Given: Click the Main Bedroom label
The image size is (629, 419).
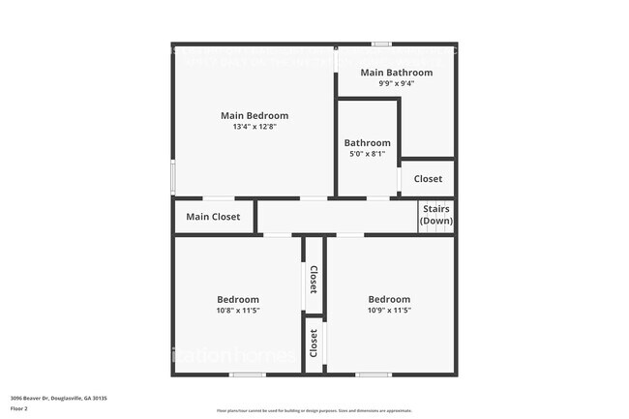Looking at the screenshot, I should (x=255, y=115).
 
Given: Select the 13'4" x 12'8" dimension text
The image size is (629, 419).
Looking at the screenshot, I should (x=255, y=127).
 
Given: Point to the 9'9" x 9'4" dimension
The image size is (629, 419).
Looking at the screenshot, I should (x=397, y=83).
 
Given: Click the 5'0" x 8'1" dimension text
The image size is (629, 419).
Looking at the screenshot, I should (x=367, y=153).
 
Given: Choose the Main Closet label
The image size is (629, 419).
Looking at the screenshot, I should (x=213, y=217).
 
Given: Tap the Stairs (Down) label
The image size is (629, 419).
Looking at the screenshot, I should (x=435, y=215).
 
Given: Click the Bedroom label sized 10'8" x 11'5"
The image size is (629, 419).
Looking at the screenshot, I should (x=237, y=299).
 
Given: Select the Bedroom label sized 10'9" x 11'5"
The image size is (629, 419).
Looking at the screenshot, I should (x=388, y=299).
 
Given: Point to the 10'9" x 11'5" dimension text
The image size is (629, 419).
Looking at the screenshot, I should (x=389, y=311).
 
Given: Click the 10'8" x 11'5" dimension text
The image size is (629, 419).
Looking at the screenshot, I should (x=237, y=311).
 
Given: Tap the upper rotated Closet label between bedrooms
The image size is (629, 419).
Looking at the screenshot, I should (x=314, y=281).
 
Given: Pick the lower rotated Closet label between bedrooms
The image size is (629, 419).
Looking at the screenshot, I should (x=314, y=343).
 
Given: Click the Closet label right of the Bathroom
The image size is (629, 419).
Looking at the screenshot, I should (x=428, y=179).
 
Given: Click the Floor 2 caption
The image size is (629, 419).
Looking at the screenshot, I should (x=19, y=408).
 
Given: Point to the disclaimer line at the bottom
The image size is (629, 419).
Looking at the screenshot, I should (x=314, y=410).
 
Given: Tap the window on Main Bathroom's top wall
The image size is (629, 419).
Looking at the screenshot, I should (x=381, y=44).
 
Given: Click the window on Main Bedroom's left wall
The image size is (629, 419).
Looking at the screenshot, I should (x=173, y=178).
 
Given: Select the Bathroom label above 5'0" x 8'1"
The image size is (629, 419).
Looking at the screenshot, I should (x=367, y=142).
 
